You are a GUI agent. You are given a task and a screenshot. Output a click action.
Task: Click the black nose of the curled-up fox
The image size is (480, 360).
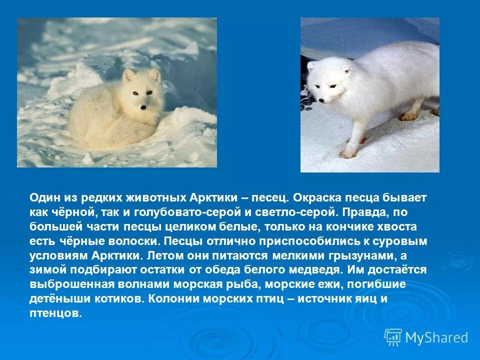[x=143, y=106]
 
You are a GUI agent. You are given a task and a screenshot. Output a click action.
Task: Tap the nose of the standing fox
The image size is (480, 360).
[x=322, y=101]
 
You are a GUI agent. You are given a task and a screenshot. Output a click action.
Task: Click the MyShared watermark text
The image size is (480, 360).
[x=436, y=338]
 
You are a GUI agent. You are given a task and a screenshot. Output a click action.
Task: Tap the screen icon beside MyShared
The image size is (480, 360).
[x=393, y=337]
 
